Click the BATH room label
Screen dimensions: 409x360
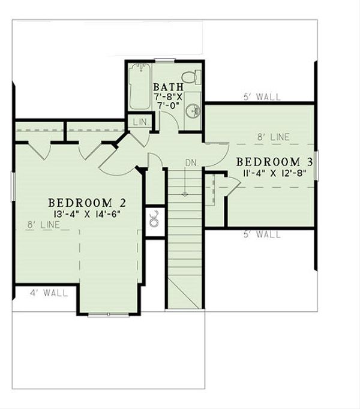pyautogui.click(x=164, y=88)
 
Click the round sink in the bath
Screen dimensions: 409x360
pyautogui.click(x=192, y=110)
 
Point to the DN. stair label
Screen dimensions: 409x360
pyautogui.click(x=191, y=163)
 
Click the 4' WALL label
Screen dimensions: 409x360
pyautogui.click(x=49, y=293)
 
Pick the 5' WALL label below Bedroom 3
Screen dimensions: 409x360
pyautogui.click(x=262, y=234)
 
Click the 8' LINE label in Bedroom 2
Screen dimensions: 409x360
pyautogui.click(x=43, y=225)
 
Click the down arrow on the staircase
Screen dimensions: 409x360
pyautogui.click(x=185, y=194)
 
